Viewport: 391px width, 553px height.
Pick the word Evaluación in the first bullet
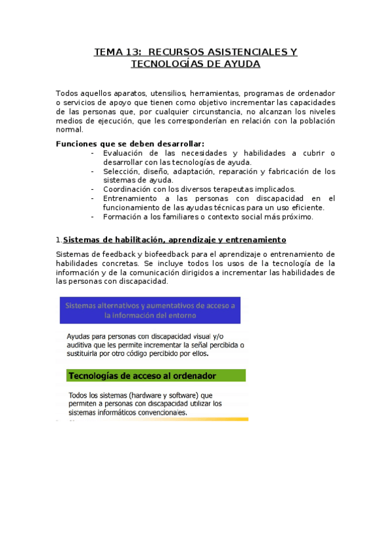(x=129, y=153)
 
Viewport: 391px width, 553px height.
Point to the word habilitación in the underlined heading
(x=142, y=240)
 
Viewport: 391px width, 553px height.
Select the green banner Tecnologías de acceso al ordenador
(x=152, y=376)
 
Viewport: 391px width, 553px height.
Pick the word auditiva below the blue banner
(x=83, y=345)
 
